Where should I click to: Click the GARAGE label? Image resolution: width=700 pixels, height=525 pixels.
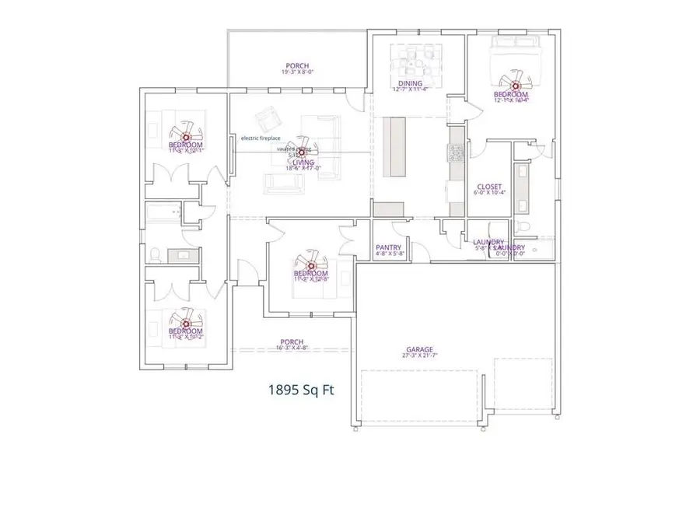pyautogui.click(x=419, y=350)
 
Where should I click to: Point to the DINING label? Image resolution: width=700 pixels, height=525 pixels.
pyautogui.click(x=410, y=83)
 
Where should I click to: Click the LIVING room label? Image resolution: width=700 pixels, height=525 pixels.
pyautogui.click(x=293, y=162)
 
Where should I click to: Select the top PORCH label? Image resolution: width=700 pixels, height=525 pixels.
pyautogui.click(x=296, y=65)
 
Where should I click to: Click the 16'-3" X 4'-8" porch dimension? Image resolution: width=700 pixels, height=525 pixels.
pyautogui.click(x=292, y=349)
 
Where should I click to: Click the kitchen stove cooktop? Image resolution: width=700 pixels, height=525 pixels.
pyautogui.click(x=456, y=152)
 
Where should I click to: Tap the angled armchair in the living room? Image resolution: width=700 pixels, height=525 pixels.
pyautogui.click(x=268, y=118)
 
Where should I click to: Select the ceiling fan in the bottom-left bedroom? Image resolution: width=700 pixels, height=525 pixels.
pyautogui.click(x=187, y=321)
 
